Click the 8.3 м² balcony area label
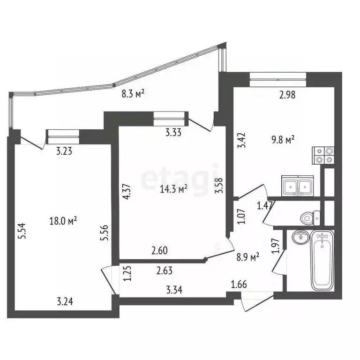[x=133, y=93]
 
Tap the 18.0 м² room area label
[x=63, y=220]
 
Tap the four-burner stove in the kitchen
[x=324, y=155]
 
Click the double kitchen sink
[x=298, y=186]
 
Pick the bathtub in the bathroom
[x=322, y=261]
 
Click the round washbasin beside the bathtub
[x=299, y=238]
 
